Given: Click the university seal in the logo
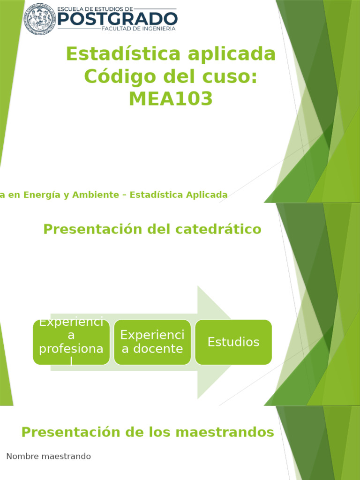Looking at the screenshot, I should [x=40, y=18].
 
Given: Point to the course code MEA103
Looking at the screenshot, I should [x=171, y=98].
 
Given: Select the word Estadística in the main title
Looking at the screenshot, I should [x=123, y=54].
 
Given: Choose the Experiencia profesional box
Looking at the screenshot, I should [x=71, y=342].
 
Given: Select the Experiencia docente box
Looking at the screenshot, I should [x=152, y=342].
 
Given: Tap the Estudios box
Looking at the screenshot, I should [x=233, y=342].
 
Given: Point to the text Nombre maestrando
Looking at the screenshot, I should [x=49, y=456].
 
